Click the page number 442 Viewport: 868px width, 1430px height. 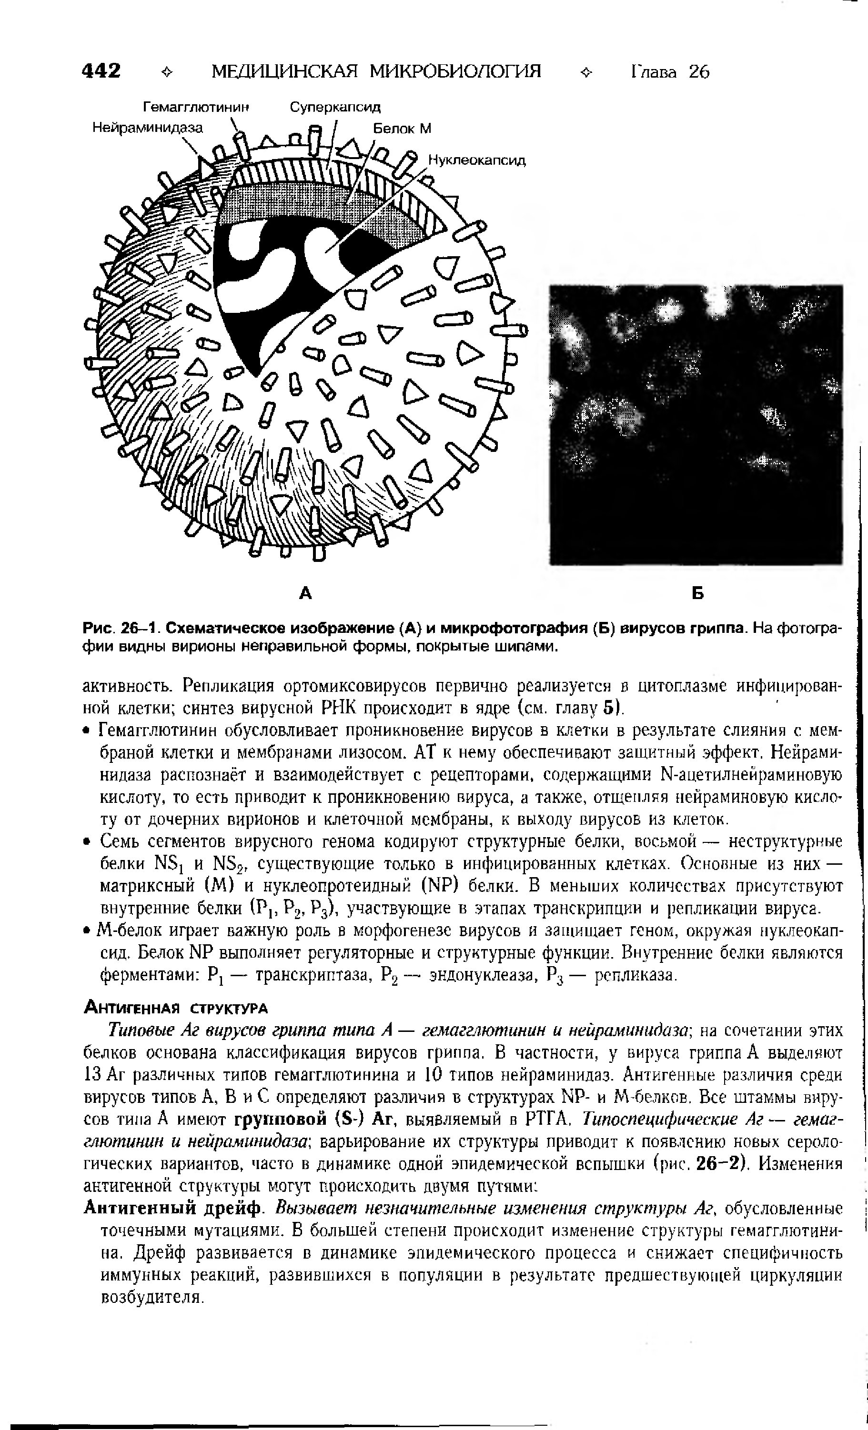click(102, 71)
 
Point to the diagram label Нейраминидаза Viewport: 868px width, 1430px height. click(148, 128)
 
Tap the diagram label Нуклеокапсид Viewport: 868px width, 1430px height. click(477, 160)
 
